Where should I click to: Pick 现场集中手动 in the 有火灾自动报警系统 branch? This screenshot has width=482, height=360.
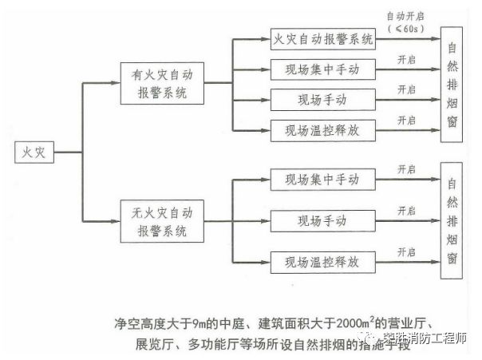pos(322,70)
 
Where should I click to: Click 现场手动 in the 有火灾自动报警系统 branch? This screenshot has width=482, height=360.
pos(322,99)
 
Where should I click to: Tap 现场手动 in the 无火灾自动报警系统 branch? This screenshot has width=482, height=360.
pos(322,219)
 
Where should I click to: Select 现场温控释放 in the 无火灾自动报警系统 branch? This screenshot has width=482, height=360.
pos(322,260)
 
